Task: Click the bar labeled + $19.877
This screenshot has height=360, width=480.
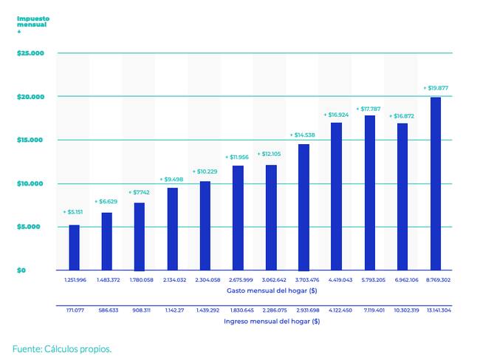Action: click(436, 183)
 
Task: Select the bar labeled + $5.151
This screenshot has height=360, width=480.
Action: click(74, 247)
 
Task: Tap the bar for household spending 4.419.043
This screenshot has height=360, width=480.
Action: click(336, 196)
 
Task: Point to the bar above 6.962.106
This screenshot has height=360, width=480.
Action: click(402, 196)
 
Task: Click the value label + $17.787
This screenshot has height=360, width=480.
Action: click(369, 109)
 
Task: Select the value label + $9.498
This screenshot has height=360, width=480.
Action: click(173, 179)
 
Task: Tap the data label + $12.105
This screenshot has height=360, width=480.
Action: click(271, 154)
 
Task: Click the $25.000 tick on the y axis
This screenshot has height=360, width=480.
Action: click(31, 53)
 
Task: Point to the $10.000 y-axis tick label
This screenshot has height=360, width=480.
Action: click(31, 183)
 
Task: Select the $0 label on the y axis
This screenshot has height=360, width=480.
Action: click(21, 270)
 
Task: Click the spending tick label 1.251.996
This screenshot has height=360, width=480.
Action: click(75, 280)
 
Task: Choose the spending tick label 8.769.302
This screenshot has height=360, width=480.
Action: click(435, 280)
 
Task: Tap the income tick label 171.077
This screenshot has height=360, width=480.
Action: click(75, 310)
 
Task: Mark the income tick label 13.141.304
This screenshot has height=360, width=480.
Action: click(435, 310)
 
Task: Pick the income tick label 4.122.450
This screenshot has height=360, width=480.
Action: click(337, 310)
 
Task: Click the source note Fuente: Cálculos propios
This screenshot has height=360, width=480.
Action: click(62, 348)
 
